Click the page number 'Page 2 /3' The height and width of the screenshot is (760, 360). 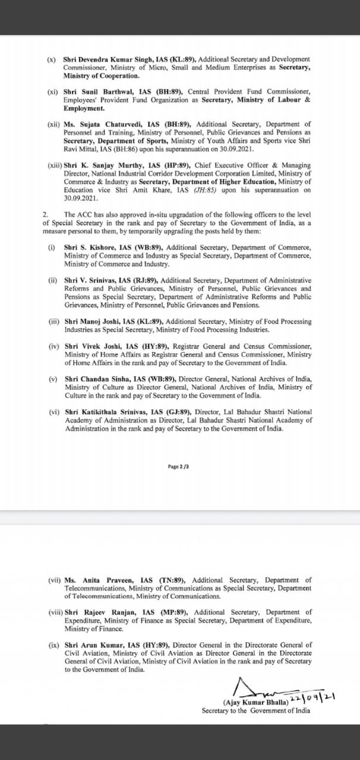click(x=179, y=467)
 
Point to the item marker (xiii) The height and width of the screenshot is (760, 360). click(x=54, y=165)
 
